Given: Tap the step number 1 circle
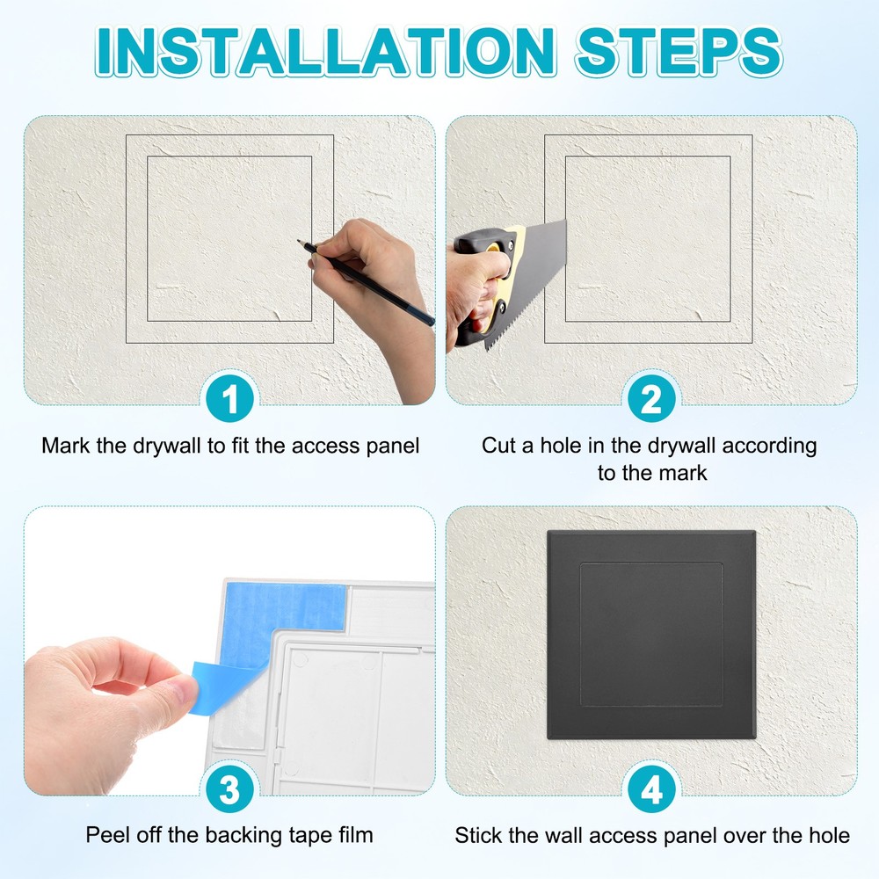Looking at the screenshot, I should point(230,401).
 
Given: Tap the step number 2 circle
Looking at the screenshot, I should point(651,401).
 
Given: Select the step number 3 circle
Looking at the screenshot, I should point(230,789).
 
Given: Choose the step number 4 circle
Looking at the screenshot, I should point(651,789).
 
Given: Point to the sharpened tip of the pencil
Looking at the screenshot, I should point(300,240).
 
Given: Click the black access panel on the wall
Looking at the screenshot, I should point(650,636).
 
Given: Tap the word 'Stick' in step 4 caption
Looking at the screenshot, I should point(478,834).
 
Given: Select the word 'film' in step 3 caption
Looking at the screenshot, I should point(354,834).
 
